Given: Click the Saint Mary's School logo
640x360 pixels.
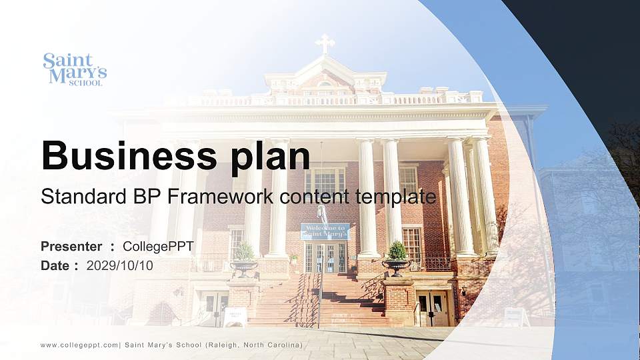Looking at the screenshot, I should point(75,69).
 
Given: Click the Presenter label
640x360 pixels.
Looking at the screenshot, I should point(71,247).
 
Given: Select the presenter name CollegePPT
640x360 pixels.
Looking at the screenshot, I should point(158,247).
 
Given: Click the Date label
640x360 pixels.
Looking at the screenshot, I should point(56,265).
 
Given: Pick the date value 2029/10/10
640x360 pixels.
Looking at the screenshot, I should point(120,265).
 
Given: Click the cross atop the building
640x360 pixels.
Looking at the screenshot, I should point(325,44).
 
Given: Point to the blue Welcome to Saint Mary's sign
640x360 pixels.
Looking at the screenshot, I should point(325,231).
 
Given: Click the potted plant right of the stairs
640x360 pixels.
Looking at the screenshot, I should point(397,257).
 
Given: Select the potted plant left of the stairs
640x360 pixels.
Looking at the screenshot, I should point(244,259).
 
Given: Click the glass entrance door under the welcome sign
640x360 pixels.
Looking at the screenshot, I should point(325,257).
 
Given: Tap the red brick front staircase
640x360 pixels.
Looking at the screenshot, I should point(320,300).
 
